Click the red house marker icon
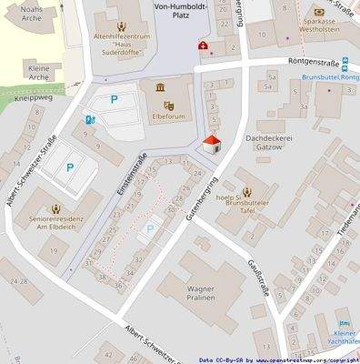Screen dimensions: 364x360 212,146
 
